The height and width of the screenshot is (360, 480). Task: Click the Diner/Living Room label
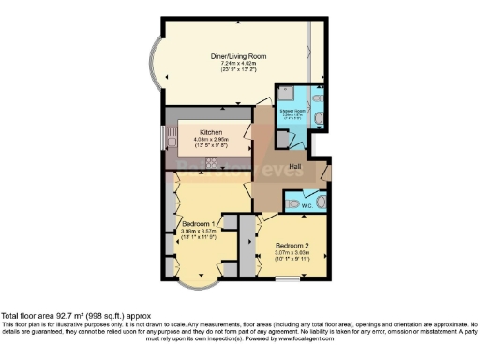coord(237,56)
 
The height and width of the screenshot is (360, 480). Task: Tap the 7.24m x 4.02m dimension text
coord(237,63)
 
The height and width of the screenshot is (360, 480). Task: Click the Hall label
coord(294,167)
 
